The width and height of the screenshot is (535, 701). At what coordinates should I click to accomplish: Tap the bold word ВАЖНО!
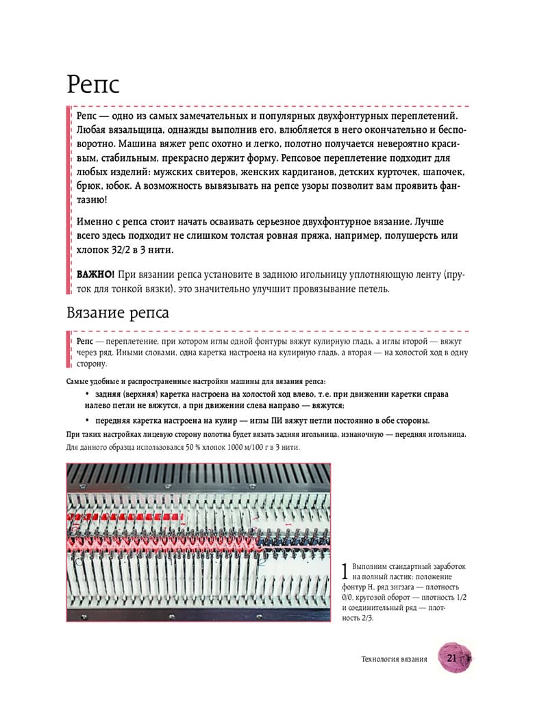pos(95,275)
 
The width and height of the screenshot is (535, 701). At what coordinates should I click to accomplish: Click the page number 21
pos(451,659)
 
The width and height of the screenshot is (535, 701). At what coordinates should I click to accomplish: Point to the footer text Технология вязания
pos(394,659)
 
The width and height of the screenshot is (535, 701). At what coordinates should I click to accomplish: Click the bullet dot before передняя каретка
pos(88,420)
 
